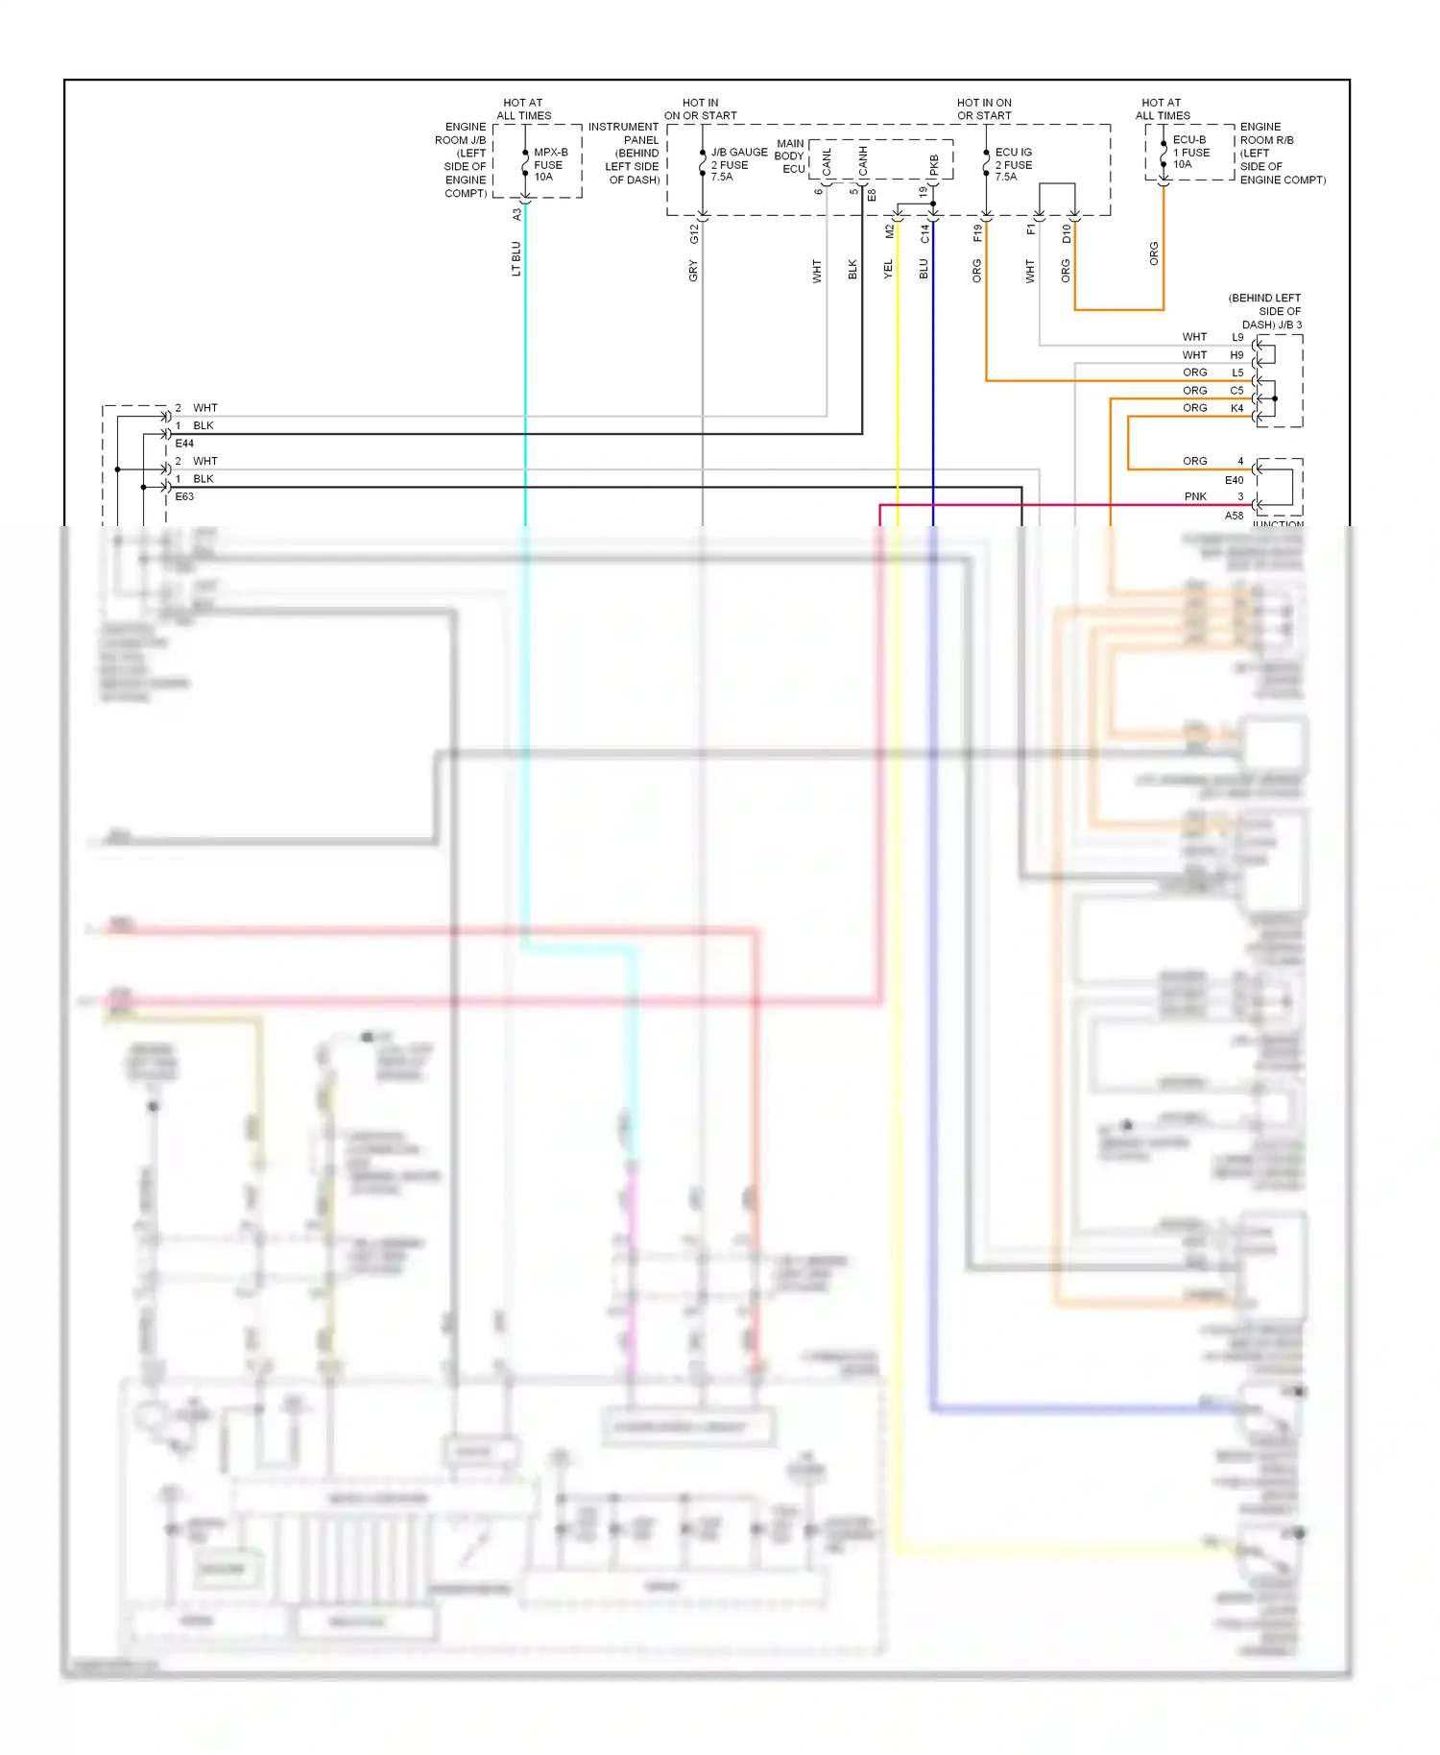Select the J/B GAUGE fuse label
coord(737,164)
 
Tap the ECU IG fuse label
coord(1013,164)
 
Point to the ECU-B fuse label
coord(1190,152)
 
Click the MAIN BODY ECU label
coord(790,156)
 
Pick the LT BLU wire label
coord(516,259)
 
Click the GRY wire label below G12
coord(693,271)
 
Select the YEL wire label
coord(888,270)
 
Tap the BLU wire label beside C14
coord(924,270)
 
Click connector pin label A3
coord(516,214)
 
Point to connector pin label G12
coord(693,232)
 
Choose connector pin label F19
coord(977,232)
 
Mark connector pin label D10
coord(1066,232)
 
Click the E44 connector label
coord(184,444)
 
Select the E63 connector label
coord(184,496)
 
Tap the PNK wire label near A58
coord(1195,496)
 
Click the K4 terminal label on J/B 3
coord(1236,408)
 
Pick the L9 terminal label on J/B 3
coord(1237,337)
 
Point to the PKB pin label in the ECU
coord(934,165)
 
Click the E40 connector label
coord(1234,480)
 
